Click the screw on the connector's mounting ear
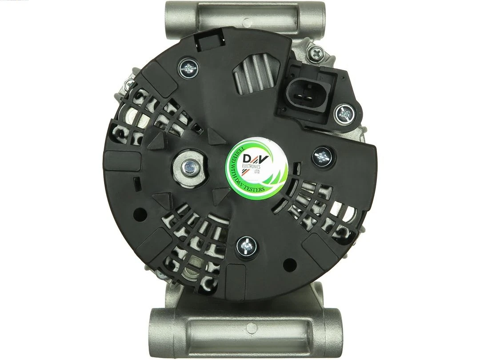click(x=344, y=114)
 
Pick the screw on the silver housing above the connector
click(x=318, y=54)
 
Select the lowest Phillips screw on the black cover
click(x=246, y=244)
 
